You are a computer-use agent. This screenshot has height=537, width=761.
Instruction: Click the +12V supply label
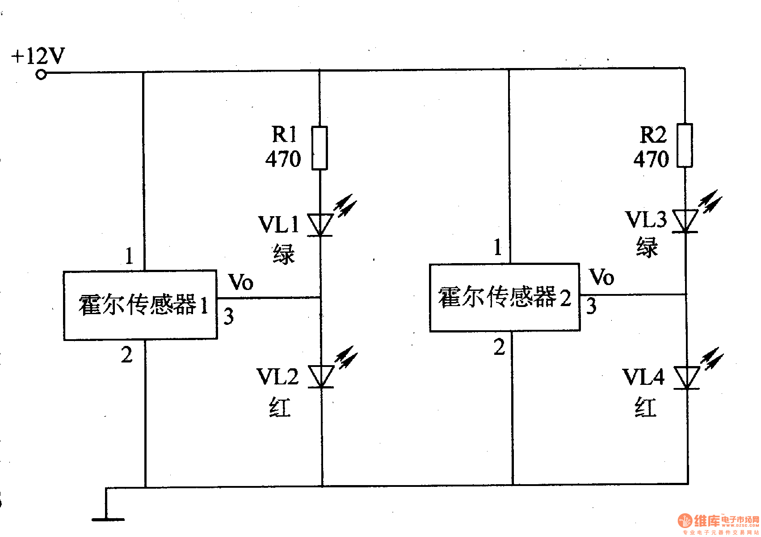38,56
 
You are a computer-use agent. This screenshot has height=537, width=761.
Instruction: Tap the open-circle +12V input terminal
41,75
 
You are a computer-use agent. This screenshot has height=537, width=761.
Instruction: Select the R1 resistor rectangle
320,148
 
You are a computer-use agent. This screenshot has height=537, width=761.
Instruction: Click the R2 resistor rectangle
685,146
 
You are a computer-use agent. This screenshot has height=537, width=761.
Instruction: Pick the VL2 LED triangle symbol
321,376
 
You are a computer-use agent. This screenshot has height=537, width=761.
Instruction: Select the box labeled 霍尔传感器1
140,305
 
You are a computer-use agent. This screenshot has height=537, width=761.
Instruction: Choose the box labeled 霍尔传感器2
505,298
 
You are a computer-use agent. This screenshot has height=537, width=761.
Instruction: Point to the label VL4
643,377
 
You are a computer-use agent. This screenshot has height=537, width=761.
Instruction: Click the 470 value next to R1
283,159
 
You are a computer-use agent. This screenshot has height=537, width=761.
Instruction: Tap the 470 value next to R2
651,159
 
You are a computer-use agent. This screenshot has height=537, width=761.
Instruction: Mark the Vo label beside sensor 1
241,282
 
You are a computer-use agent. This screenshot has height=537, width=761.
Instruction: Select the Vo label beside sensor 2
602,277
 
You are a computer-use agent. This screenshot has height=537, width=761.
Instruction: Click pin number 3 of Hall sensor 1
229,316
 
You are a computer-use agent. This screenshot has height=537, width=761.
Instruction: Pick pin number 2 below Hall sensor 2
500,347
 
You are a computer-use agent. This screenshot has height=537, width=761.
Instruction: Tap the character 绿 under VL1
284,254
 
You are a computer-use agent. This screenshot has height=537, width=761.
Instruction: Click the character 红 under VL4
646,407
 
